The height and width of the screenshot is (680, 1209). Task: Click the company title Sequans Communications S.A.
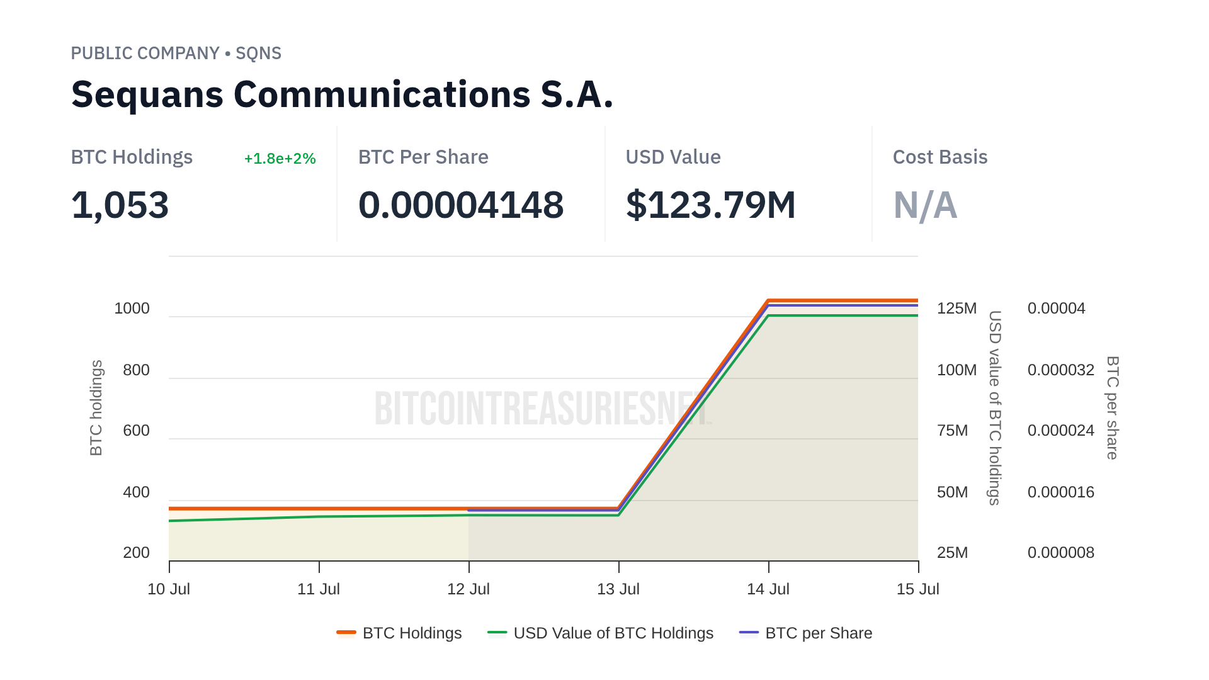pyautogui.click(x=342, y=94)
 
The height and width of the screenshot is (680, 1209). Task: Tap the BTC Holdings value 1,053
pyautogui.click(x=120, y=205)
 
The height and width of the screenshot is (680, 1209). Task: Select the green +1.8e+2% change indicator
pyautogui.click(x=280, y=159)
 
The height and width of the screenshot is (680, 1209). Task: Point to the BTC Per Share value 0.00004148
pyautogui.click(x=460, y=205)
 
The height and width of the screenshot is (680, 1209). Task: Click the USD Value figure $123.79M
pyautogui.click(x=710, y=205)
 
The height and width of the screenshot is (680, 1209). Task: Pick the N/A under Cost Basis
pyautogui.click(x=925, y=205)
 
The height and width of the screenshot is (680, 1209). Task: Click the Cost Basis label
pyautogui.click(x=939, y=157)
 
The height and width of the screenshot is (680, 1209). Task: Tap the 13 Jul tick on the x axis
pyautogui.click(x=618, y=589)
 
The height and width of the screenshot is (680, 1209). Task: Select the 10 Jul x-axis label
pyautogui.click(x=169, y=589)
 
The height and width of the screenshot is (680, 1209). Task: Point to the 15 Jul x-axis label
pyautogui.click(x=917, y=589)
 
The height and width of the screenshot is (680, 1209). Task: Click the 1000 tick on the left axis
pyautogui.click(x=132, y=309)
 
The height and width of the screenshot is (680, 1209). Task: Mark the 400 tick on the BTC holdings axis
pyautogui.click(x=136, y=492)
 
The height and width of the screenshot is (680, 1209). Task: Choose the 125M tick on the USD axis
pyautogui.click(x=956, y=309)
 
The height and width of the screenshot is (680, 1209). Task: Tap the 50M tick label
pyautogui.click(x=952, y=492)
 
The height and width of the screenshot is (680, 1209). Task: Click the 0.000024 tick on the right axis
pyautogui.click(x=1060, y=431)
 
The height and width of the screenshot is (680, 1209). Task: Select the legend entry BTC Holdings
pyautogui.click(x=399, y=633)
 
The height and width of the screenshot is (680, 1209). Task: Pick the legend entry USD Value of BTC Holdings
pyautogui.click(x=601, y=633)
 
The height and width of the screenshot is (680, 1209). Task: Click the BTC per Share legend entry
pyautogui.click(x=806, y=633)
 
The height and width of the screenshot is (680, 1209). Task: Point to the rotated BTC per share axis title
pyautogui.click(x=1113, y=408)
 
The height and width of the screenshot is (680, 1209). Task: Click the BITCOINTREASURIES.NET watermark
pyautogui.click(x=542, y=408)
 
